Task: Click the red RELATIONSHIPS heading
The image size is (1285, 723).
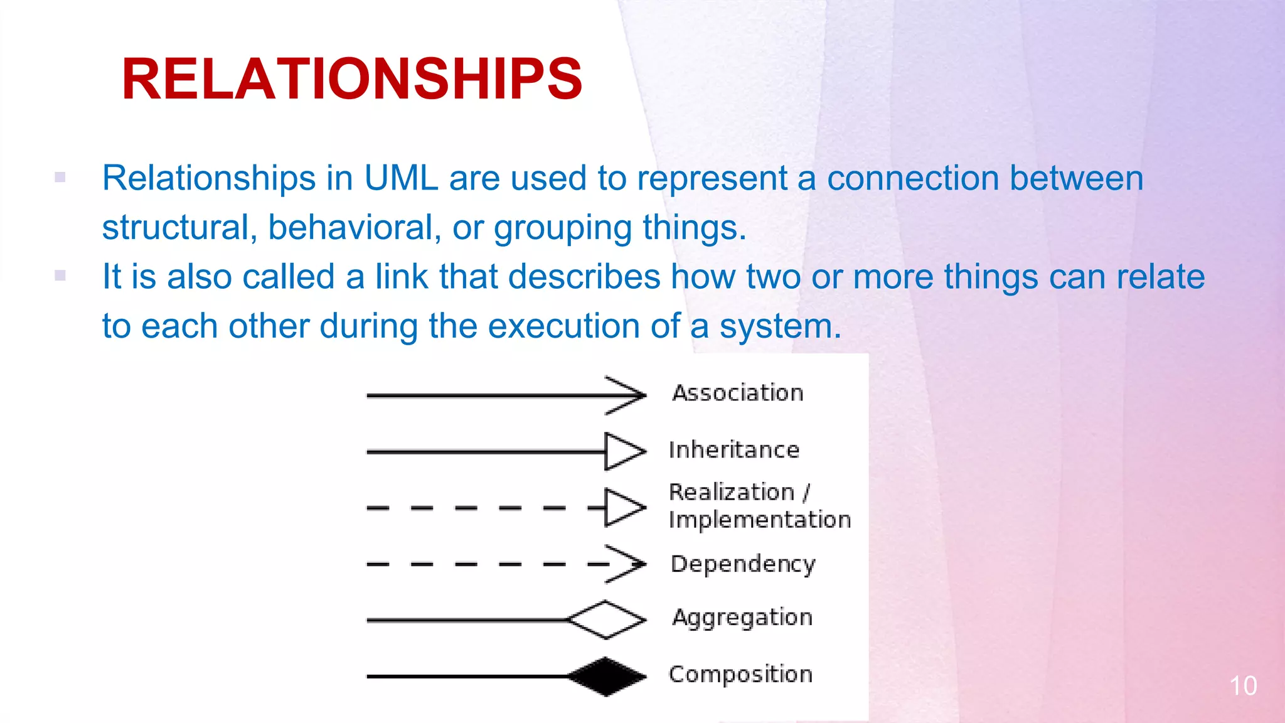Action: [352, 79]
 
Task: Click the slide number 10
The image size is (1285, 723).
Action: [1242, 686]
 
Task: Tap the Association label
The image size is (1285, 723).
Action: [738, 393]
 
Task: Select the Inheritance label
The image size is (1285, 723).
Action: [734, 450]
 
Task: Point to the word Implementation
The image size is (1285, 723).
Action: [759, 520]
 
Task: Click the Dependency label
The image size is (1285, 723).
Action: [743, 564]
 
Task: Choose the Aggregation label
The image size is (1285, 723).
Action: [742, 618]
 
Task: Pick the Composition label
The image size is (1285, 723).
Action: [740, 675]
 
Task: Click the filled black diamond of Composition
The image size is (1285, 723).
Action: [606, 677]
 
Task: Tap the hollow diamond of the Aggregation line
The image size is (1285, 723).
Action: [606, 620]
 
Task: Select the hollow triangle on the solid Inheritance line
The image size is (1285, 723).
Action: [623, 451]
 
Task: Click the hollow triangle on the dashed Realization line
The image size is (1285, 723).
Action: [623, 507]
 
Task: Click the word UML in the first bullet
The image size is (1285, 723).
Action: [400, 178]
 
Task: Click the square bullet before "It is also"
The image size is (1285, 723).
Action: [60, 276]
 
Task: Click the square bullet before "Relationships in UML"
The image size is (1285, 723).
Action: [60, 178]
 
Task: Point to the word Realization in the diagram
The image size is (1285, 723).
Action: [732, 493]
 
